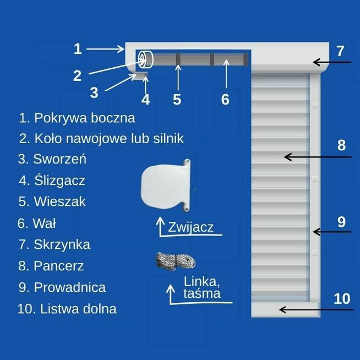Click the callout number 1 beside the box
(78, 48)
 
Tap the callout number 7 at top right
(340, 51)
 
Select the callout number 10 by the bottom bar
(342, 299)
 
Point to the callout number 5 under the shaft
(177, 99)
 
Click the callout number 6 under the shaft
(225, 99)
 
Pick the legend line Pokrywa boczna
(77, 118)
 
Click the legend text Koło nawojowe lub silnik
(101, 138)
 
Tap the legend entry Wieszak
(52, 201)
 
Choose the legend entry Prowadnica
(62, 287)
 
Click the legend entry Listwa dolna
(67, 309)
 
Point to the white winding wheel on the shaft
(145, 59)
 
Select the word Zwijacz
(191, 227)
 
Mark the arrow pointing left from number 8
(317, 157)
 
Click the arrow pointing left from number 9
(331, 232)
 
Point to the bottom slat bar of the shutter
(285, 310)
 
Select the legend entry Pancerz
(51, 266)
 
